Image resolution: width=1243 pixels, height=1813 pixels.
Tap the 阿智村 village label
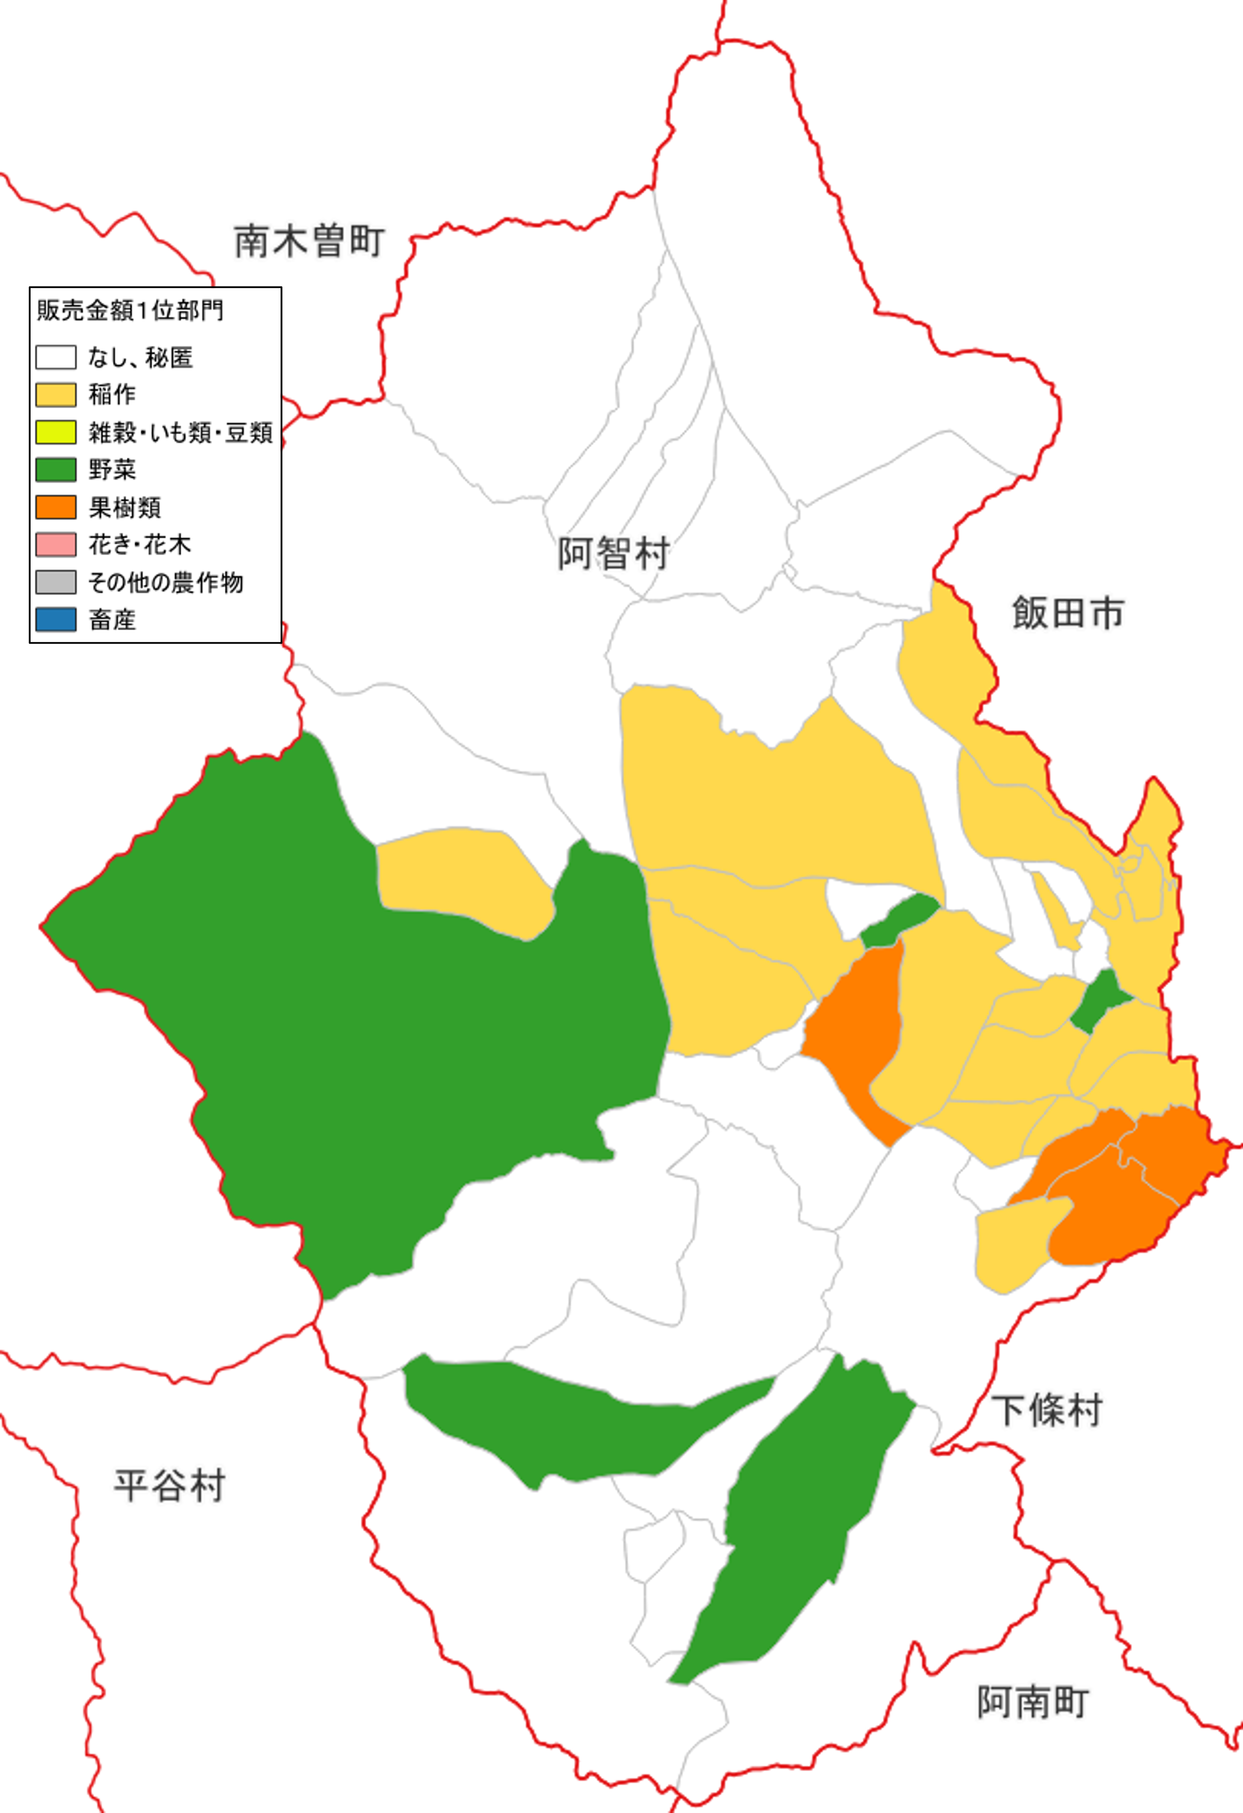coord(614,553)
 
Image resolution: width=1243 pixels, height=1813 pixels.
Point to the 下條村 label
coord(1046,1410)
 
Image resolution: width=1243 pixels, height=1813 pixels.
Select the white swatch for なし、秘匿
coord(56,357)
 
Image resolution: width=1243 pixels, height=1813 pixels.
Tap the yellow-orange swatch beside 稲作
coord(56,394)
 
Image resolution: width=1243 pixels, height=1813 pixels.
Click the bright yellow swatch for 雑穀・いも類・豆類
coord(56,432)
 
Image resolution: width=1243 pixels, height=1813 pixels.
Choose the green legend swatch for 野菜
coord(56,469)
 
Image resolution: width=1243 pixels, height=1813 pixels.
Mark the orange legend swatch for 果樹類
coord(56,507)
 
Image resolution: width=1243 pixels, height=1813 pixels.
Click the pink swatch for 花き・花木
coord(56,544)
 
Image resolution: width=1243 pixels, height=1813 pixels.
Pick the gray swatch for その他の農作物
coord(56,582)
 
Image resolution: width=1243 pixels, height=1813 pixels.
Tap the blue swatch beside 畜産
coord(56,619)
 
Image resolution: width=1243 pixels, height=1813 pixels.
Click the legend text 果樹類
coord(125,508)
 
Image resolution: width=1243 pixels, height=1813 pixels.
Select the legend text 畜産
coord(112,620)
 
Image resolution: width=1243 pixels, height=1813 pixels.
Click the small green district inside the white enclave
coord(899,921)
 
